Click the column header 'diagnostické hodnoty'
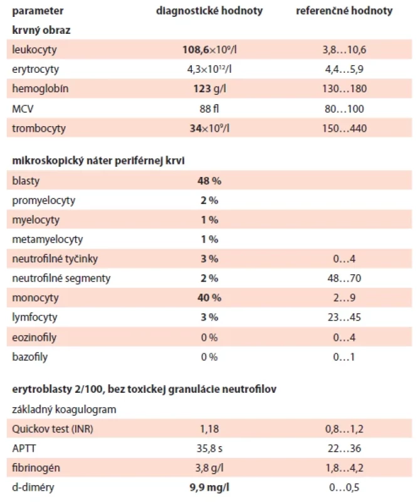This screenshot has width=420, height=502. [209, 11]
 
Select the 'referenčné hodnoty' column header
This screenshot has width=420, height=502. [344, 11]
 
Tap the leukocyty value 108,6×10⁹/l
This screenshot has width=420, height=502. [209, 50]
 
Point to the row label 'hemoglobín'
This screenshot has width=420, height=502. [40, 88]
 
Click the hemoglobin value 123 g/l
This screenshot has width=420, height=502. [209, 88]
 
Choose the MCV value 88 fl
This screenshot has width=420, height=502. [209, 109]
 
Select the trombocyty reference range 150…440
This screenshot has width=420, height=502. [344, 129]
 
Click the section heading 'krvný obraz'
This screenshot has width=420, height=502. [41, 30]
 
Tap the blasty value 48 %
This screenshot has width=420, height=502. [209, 181]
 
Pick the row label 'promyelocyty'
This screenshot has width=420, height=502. [44, 201]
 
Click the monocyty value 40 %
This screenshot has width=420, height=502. [209, 297]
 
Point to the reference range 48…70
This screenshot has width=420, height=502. [344, 278]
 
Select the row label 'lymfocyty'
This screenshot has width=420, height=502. [35, 318]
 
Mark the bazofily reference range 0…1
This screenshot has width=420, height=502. [344, 357]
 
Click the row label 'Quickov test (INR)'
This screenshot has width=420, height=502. [53, 429]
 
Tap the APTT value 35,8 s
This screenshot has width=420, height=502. [209, 449]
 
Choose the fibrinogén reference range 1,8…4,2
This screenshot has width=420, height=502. [344, 468]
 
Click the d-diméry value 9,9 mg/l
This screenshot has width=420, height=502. [209, 488]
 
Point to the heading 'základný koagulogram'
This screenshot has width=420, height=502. [64, 410]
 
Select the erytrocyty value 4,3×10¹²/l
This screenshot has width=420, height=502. [209, 69]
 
